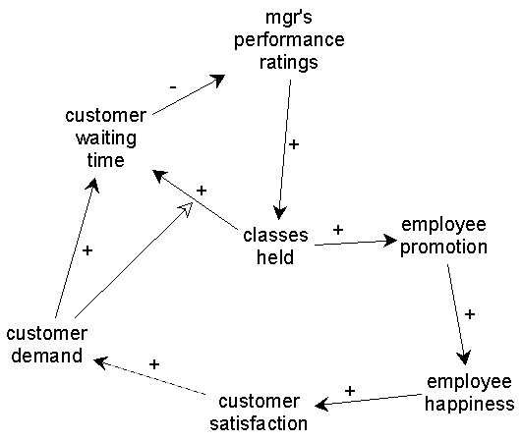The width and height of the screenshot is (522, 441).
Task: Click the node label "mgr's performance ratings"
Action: pyautogui.click(x=289, y=40)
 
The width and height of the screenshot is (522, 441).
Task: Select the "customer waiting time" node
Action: pyautogui.click(x=106, y=138)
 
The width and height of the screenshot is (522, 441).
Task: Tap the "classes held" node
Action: pyautogui.click(x=275, y=247)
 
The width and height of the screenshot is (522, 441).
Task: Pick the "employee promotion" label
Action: pyautogui.click(x=443, y=237)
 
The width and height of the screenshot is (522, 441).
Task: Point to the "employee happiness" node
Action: pyautogui.click(x=469, y=393)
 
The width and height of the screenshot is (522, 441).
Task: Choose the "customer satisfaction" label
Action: pyautogui.click(x=259, y=413)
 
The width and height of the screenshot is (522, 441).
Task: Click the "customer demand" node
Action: pyautogui.click(x=46, y=345)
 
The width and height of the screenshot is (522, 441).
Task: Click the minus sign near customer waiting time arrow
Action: pyautogui.click(x=173, y=87)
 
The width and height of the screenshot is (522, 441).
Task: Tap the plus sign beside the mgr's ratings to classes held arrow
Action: pyautogui.click(x=294, y=144)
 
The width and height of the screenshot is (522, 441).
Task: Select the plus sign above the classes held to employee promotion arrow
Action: pyautogui.click(x=338, y=230)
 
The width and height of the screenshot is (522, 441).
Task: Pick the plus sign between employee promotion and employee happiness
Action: pyautogui.click(x=469, y=314)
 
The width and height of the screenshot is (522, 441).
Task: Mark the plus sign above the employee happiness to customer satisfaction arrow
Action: pyautogui.click(x=350, y=391)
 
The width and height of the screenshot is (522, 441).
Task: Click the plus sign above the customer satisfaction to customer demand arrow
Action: pyautogui.click(x=154, y=364)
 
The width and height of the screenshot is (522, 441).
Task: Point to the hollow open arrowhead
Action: pyautogui.click(x=187, y=209)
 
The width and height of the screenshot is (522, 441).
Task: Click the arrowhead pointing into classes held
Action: pyautogui.click(x=279, y=212)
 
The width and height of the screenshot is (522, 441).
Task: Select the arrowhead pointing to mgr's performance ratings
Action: pyautogui.click(x=218, y=81)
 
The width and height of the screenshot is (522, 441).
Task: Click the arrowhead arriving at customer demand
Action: pyautogui.click(x=100, y=362)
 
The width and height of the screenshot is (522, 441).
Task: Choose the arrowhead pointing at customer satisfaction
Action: pyautogui.click(x=321, y=405)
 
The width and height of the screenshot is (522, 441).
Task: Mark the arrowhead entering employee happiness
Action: pyautogui.click(x=464, y=358)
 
